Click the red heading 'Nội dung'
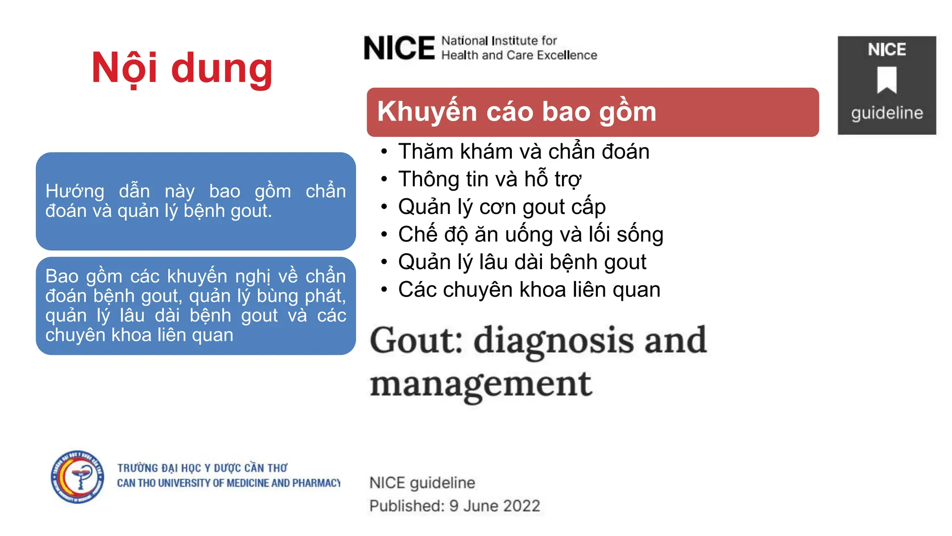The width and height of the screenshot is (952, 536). click(x=182, y=69)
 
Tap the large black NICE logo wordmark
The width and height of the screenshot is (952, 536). click(x=399, y=48)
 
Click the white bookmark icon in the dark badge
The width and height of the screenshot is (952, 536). click(x=886, y=80)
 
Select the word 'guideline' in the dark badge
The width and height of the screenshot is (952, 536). click(x=886, y=113)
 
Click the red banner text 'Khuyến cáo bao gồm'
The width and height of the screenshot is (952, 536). click(x=516, y=112)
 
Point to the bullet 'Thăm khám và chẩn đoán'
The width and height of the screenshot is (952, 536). click(x=523, y=152)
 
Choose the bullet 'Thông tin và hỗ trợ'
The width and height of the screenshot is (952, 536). click(x=489, y=179)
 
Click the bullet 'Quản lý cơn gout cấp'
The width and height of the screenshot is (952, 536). click(x=502, y=207)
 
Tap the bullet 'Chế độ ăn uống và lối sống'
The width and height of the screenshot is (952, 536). click(x=530, y=234)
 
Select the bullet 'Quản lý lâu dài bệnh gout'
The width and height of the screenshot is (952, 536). click(x=522, y=262)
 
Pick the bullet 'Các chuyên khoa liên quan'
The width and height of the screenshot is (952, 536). click(x=529, y=289)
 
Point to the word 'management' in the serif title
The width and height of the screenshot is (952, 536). click(x=481, y=384)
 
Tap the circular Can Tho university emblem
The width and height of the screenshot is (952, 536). click(x=78, y=477)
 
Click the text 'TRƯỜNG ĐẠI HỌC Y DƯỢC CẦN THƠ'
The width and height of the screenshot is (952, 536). click(x=202, y=468)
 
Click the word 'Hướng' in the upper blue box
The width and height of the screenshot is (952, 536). click(x=75, y=191)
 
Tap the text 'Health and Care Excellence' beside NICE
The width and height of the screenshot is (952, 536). click(x=519, y=55)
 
